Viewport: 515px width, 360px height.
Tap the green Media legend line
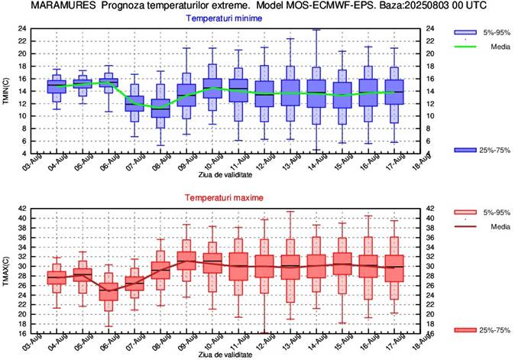coord(465,47)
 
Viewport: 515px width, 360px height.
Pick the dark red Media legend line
coord(465,226)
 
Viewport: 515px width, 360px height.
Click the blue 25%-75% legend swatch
coord(465,149)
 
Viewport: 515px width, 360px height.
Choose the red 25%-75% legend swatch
coord(465,329)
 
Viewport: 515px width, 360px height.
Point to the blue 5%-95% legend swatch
coord(465,33)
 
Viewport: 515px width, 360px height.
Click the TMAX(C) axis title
coord(6,271)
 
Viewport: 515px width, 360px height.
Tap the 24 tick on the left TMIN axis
coord(21,29)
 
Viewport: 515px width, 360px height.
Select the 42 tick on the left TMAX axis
coord(21,209)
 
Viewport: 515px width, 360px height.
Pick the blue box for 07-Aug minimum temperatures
coord(135,103)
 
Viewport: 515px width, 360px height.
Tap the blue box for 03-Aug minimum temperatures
coord(56,86)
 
